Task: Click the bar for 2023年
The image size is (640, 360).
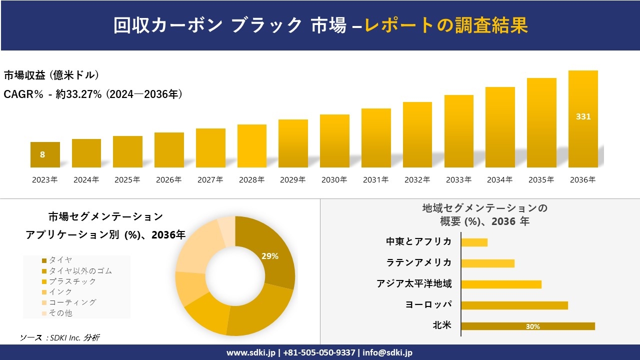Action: coord(45,155)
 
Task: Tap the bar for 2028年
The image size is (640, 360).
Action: coord(252,146)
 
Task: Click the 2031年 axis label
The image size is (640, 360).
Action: coord(375,180)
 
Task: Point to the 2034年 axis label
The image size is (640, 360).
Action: coord(499,180)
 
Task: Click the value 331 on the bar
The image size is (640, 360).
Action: coord(583,116)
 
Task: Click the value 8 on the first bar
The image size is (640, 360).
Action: coord(42,155)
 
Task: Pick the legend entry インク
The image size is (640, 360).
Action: coord(60,291)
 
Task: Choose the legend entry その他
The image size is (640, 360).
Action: coord(60,313)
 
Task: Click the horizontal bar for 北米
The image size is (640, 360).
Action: coord(528,326)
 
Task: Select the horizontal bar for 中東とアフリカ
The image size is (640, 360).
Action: coord(474,242)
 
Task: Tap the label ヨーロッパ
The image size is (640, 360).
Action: coord(429,304)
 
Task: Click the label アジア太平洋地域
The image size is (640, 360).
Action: coord(414,284)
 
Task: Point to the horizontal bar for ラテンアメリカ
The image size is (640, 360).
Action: coord(487,263)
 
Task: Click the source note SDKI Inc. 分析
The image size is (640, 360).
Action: coord(60,338)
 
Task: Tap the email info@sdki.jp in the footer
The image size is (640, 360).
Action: coord(387,352)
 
